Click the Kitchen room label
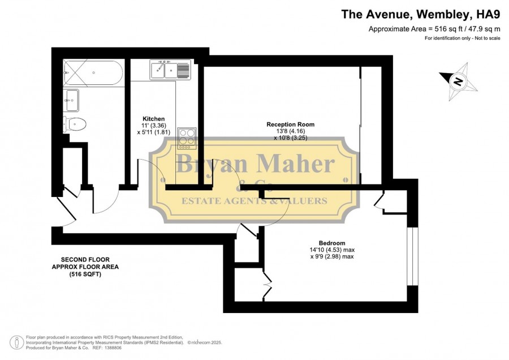click(x=153, y=119)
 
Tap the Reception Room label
click(x=290, y=124)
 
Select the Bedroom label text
click(x=332, y=243)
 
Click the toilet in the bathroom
click(x=75, y=124)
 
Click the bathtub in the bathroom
click(x=93, y=72)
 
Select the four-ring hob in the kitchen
click(x=187, y=139)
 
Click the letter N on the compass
click(x=458, y=82)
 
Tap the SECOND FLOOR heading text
click(x=85, y=260)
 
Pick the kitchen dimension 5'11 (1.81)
click(x=153, y=132)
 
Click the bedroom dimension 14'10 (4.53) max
click(x=332, y=250)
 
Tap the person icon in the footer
click(x=16, y=342)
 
